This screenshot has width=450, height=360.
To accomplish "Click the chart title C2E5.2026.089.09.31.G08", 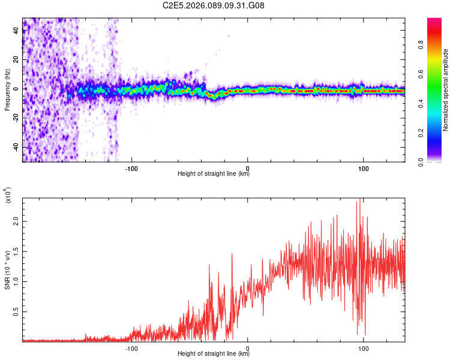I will [214, 5].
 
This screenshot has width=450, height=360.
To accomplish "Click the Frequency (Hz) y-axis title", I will [8, 90].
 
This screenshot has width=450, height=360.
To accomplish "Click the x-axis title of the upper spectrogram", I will [214, 174].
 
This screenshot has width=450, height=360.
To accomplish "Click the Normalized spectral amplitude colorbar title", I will [445, 90].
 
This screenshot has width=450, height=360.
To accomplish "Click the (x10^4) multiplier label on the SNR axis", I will [8, 195].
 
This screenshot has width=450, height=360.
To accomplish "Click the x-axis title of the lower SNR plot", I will [214, 353].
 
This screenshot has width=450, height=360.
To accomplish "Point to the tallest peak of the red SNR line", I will [359, 200].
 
